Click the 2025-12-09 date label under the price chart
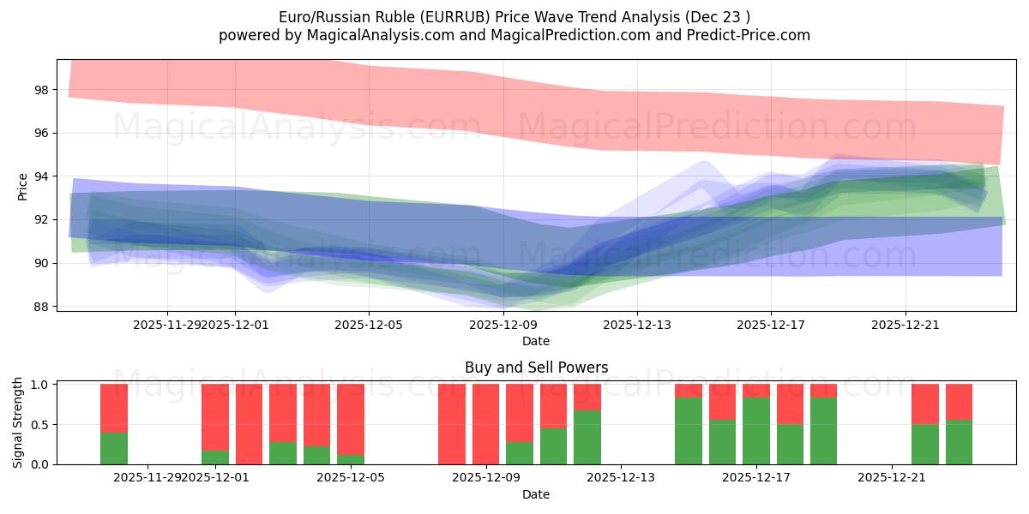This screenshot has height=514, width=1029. pos(502,325)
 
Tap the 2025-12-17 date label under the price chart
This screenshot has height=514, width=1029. pos(770,325)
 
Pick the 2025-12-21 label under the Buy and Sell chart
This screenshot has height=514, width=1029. pos(892,477)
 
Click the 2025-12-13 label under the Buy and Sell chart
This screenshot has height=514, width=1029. pos(621,477)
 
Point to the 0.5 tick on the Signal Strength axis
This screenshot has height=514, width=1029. pos(40,425)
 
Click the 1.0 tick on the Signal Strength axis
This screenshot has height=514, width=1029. pos(40,385)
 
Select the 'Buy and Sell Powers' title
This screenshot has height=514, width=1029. pos(536,368)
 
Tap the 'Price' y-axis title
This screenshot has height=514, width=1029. pos(22,186)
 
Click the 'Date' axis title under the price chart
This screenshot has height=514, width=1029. pos(536,341)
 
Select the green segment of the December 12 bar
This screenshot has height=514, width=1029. pos(587,438)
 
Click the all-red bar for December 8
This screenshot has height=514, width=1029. pos(452,424)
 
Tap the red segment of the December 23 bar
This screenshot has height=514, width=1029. pos(959,402)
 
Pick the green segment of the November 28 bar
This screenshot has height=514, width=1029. pos(114,448)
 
